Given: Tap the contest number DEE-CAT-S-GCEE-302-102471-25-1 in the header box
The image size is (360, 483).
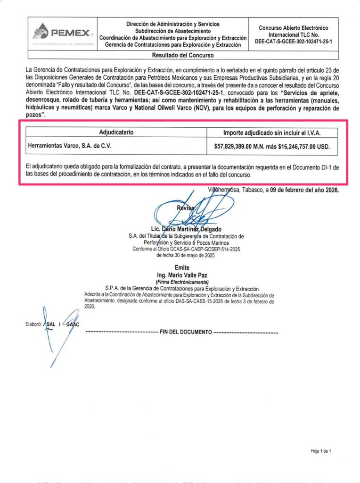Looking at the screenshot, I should point(293,41).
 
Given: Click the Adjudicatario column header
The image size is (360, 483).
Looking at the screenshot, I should point(116,133).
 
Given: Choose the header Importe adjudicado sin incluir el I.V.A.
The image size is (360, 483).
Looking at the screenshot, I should point(272,133).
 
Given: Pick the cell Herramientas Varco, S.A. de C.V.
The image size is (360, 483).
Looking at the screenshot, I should point(70,146).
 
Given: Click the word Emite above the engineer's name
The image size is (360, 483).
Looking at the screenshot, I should point(181,267).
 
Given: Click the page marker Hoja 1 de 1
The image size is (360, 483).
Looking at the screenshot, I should point(321,451).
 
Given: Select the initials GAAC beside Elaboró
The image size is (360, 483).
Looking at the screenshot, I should point(73,325).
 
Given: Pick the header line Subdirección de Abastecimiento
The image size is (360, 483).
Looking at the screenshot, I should point(172,30).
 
